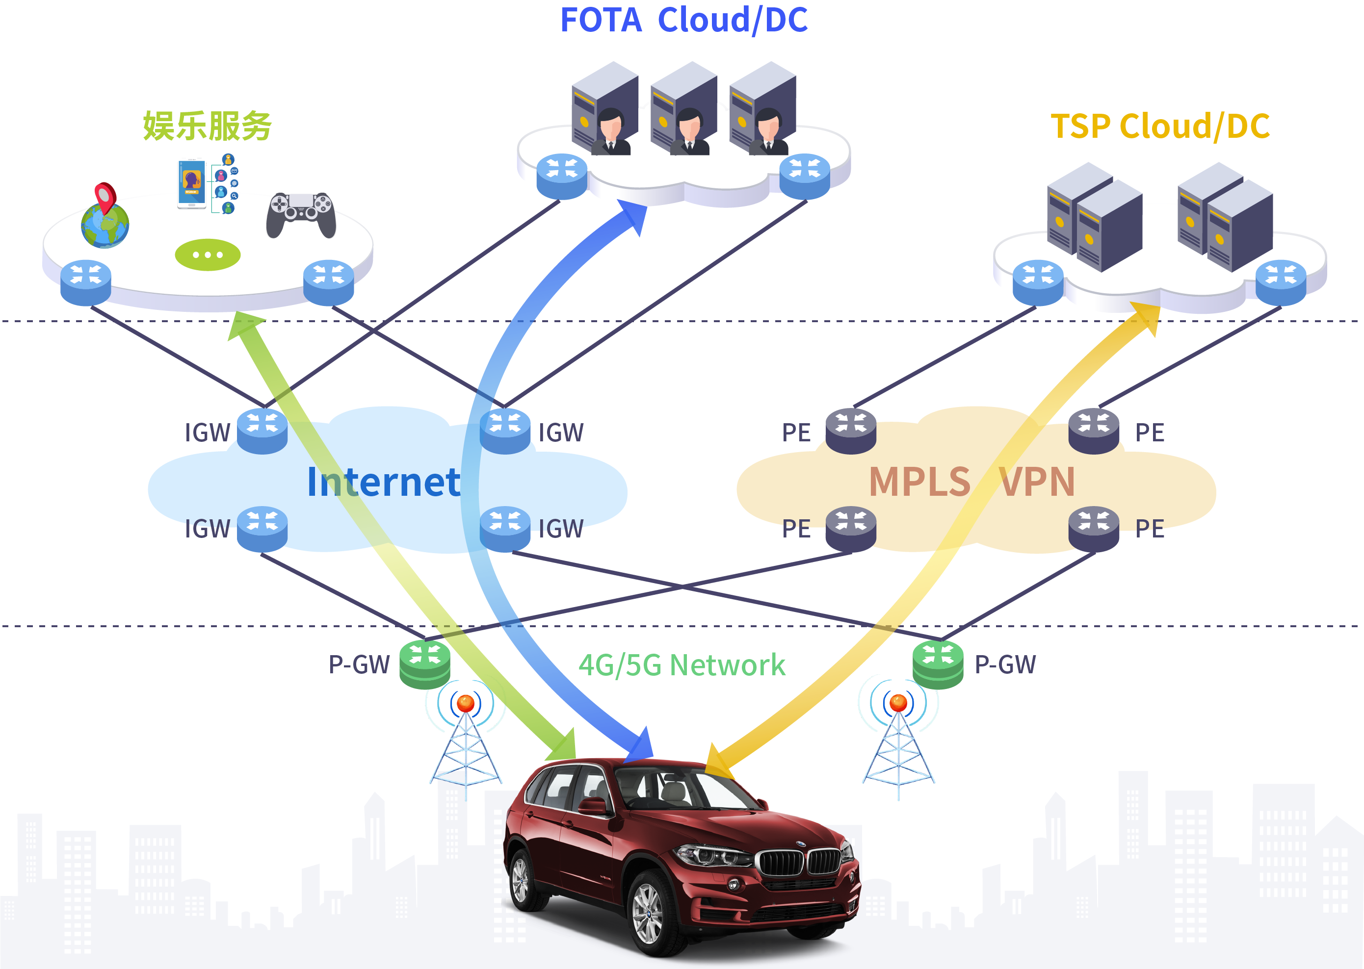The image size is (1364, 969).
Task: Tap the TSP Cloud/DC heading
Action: point(1160,127)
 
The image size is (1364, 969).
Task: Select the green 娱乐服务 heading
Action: point(207,126)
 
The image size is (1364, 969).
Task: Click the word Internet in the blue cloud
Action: point(384,482)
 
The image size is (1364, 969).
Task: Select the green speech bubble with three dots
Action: point(207,255)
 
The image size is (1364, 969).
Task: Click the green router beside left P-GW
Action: point(424,664)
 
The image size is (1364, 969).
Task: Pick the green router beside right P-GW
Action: point(937,664)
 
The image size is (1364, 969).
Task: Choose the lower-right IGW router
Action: point(505,528)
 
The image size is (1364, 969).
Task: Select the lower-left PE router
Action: point(851,528)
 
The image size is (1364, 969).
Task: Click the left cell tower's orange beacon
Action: point(466,704)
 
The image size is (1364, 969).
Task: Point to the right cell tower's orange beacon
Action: point(898,704)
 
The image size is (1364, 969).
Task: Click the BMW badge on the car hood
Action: point(801,844)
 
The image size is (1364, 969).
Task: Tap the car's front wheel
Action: point(648,913)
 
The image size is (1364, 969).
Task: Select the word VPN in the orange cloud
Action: point(1037,482)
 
